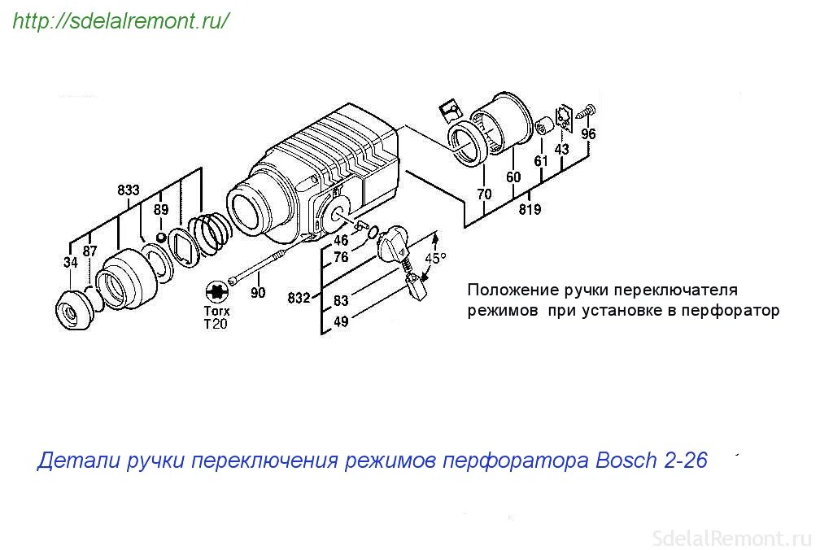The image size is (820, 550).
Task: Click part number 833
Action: [129, 190]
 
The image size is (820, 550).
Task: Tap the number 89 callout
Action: [161, 210]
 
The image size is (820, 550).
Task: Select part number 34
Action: [71, 262]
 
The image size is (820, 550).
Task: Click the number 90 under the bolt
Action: [258, 293]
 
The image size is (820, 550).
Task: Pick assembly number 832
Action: [299, 299]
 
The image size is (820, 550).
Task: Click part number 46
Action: [341, 241]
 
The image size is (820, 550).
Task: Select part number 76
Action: [341, 257]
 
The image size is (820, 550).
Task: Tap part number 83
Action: [341, 301]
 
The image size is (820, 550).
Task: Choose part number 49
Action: [341, 321]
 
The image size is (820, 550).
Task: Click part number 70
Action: [485, 194]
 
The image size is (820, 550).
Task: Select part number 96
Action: [588, 134]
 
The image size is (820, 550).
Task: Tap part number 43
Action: [562, 150]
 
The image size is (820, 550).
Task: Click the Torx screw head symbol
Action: [216, 291]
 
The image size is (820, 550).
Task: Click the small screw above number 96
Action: [589, 111]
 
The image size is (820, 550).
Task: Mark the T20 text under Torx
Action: [216, 324]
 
